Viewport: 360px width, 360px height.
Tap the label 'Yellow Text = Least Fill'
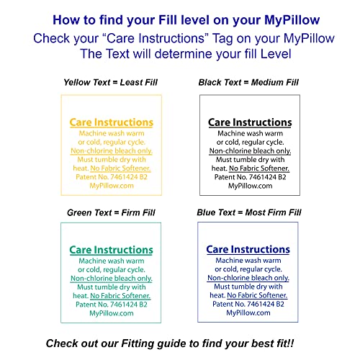coord(111,83)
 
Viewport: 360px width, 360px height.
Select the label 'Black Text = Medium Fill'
coord(249,83)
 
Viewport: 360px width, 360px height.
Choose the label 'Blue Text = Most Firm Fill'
coord(248,213)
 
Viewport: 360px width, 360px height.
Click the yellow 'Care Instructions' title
coord(111,123)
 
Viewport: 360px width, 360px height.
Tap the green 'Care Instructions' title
coord(111,250)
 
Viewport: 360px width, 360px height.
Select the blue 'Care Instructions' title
coord(248,250)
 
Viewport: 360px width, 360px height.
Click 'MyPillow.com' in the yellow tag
coord(111,186)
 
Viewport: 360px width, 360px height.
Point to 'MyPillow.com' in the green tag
coord(111,313)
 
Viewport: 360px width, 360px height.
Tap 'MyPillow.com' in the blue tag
coord(248,313)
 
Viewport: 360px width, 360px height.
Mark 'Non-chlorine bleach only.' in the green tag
coord(111,278)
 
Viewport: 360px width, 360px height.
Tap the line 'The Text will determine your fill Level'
coord(180,54)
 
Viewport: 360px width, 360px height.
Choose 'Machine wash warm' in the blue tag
coord(248,260)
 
